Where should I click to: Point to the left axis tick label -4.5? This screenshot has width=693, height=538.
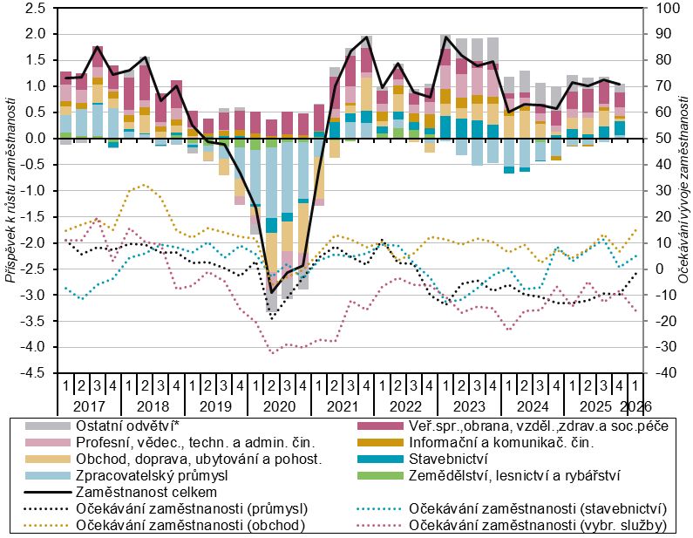pyautogui.click(x=32, y=373)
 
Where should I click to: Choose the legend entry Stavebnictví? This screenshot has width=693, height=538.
pyautogui.click(x=448, y=459)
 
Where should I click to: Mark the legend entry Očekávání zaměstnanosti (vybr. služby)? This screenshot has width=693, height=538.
pyautogui.click(x=537, y=524)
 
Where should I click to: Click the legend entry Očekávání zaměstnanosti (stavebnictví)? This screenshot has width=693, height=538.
pyautogui.click(x=537, y=508)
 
